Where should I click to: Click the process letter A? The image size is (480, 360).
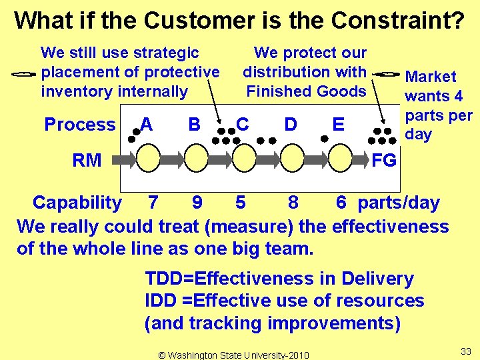147,125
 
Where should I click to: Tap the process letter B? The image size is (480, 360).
195,125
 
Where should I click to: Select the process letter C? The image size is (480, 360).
243,125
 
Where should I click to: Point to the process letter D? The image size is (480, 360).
291,125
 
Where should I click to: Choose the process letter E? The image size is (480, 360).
339,125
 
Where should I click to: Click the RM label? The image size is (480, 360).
87,160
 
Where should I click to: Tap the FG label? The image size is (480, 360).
384,160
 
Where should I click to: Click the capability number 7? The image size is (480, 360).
153,203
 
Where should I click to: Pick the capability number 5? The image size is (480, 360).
241,203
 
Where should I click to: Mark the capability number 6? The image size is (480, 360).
341,203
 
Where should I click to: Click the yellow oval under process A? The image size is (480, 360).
148,160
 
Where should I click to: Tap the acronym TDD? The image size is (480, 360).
165,279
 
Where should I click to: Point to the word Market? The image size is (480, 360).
431,77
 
